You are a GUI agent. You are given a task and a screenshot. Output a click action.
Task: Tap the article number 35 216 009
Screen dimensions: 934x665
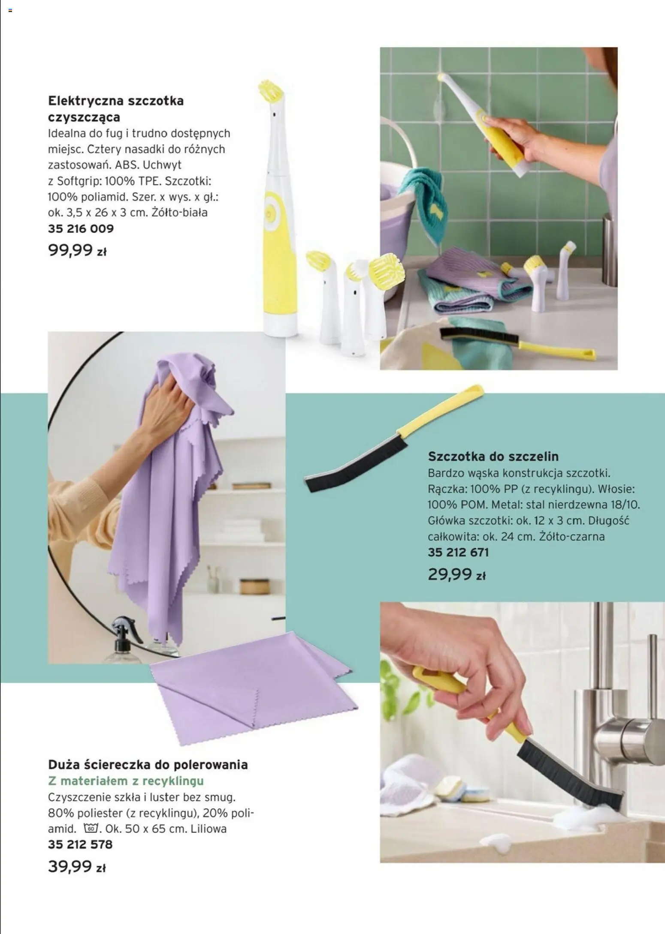coord(81,228)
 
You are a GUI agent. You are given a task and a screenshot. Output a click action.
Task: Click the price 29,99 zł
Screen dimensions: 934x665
coord(456,574)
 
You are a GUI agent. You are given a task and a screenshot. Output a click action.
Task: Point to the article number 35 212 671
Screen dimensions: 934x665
coord(458,552)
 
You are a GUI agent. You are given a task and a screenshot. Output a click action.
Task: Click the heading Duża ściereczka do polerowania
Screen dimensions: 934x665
coord(148,765)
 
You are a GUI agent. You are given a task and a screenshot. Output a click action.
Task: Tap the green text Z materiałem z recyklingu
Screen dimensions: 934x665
coord(126,781)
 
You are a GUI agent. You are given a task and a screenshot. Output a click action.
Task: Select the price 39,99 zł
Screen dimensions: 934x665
coord(76,866)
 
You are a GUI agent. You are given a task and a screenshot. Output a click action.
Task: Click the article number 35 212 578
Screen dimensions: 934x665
coord(80,844)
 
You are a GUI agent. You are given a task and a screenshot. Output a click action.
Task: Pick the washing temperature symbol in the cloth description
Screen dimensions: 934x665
coord(91,828)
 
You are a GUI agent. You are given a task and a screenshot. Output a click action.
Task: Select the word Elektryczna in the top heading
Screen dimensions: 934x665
coord(81,101)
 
